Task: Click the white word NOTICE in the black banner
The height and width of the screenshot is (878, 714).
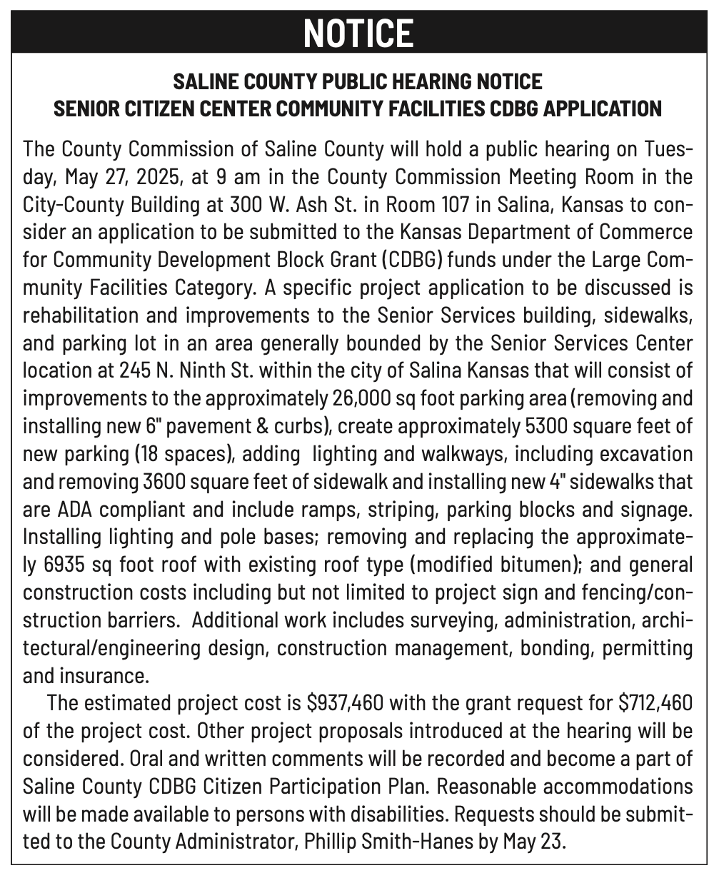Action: pyautogui.click(x=358, y=33)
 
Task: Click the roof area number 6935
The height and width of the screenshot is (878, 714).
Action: pyautogui.click(x=72, y=565)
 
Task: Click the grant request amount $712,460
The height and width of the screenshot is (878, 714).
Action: pyautogui.click(x=655, y=703)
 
